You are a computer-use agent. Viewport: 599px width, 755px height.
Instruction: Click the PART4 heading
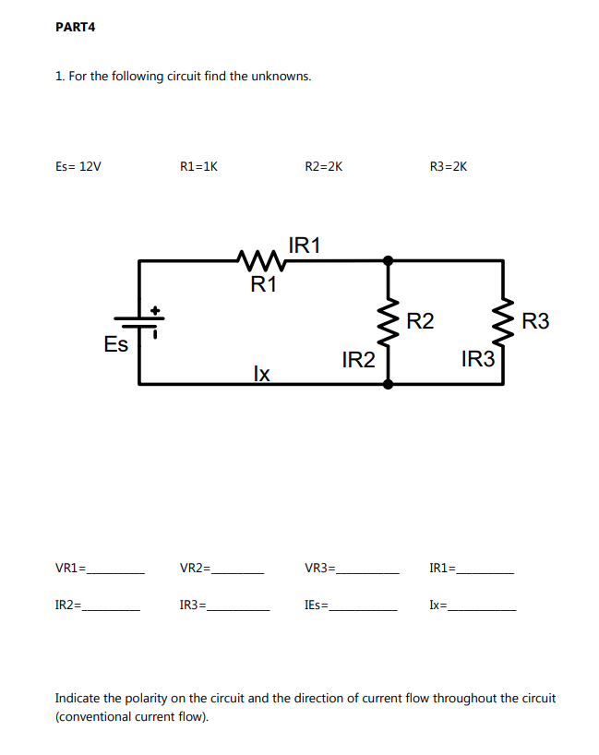pos(76,27)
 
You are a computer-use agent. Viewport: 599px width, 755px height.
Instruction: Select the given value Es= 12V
pos(78,167)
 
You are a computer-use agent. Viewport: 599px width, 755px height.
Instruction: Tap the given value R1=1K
pos(198,167)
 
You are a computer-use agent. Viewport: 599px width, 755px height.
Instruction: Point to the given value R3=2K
pos(449,167)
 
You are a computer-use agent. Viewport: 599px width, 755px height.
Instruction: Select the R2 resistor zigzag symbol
pos(388,321)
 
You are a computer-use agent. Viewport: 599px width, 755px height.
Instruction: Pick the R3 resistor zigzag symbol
pos(503,321)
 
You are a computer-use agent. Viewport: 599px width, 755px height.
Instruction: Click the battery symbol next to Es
pos(141,321)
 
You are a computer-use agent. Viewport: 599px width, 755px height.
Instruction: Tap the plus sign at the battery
pos(156,310)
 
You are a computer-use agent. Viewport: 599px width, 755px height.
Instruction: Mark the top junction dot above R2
pos(388,260)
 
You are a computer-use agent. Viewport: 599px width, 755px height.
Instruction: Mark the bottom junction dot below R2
pos(388,382)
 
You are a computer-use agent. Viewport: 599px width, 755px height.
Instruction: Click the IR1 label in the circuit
pos(305,246)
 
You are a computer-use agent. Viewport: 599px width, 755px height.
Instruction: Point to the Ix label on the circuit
pos(261,373)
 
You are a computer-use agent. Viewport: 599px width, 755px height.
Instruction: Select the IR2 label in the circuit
pos(358,360)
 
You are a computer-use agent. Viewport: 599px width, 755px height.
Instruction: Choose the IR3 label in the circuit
pos(477,360)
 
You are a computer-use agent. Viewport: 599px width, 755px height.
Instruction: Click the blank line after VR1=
pos(115,572)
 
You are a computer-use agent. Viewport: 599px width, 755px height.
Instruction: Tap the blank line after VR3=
pos(368,572)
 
